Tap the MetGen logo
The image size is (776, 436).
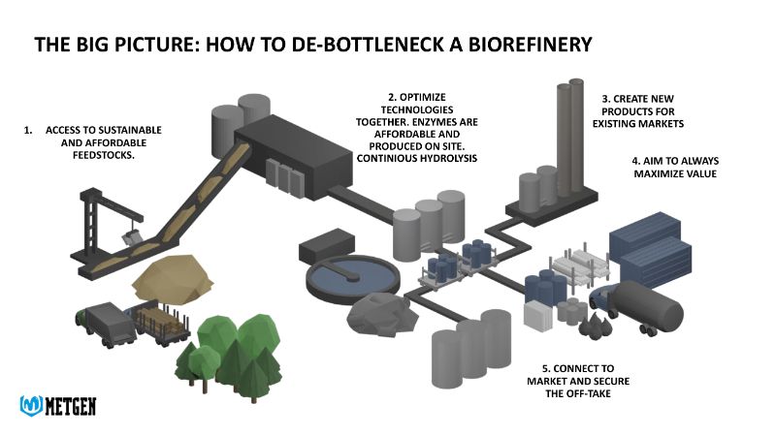(x=57, y=404)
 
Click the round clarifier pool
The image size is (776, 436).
(x=350, y=277)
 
